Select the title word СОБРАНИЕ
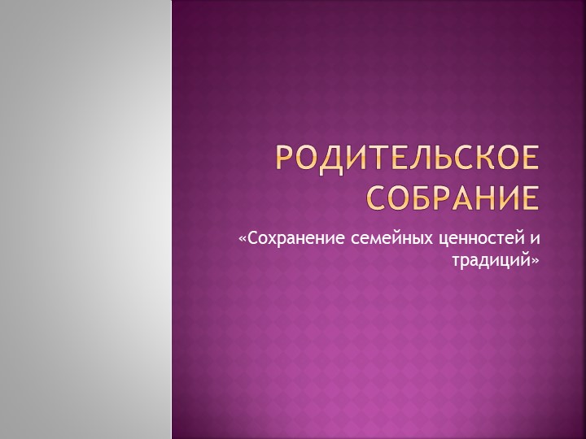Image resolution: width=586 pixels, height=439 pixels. [451, 197]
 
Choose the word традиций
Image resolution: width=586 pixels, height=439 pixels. [491, 261]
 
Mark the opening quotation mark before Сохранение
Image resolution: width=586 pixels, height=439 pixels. [242, 241]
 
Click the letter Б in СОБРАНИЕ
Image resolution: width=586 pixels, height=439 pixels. [419, 197]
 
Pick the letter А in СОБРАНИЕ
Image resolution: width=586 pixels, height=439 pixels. [463, 197]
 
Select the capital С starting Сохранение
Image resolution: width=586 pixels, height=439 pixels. [251, 240]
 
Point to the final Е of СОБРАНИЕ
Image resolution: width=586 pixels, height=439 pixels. [529, 197]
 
